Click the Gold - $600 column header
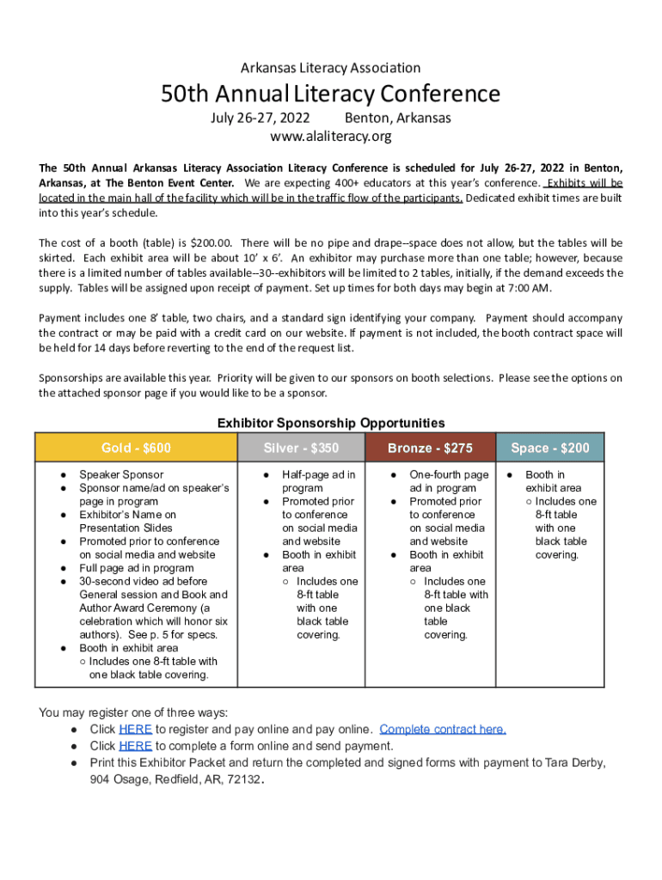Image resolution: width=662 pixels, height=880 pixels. (x=136, y=448)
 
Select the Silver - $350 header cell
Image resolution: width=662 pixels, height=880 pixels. (x=301, y=448)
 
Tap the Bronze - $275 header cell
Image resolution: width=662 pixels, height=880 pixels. (x=430, y=448)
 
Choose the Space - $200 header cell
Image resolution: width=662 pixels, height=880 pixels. (x=550, y=448)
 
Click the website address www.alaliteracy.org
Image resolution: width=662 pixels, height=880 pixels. (x=331, y=137)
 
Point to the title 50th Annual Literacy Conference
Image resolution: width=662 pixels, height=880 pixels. (x=331, y=93)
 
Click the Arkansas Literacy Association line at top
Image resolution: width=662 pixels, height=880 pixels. (x=331, y=67)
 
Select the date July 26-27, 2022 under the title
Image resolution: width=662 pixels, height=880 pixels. (x=261, y=118)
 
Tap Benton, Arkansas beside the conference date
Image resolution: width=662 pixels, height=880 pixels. (x=397, y=118)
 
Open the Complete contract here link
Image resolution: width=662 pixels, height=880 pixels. (x=443, y=730)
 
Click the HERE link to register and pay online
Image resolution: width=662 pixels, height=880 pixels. (x=135, y=730)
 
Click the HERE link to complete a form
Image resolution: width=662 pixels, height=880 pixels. (x=135, y=746)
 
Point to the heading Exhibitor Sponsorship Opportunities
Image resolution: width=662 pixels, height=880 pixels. (x=331, y=423)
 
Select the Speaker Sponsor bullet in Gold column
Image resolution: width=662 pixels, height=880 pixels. (x=121, y=474)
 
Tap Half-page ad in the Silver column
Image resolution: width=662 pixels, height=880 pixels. (x=318, y=474)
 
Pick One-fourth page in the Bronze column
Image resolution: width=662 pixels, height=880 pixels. (x=449, y=474)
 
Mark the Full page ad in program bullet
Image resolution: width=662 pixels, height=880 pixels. (x=137, y=568)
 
